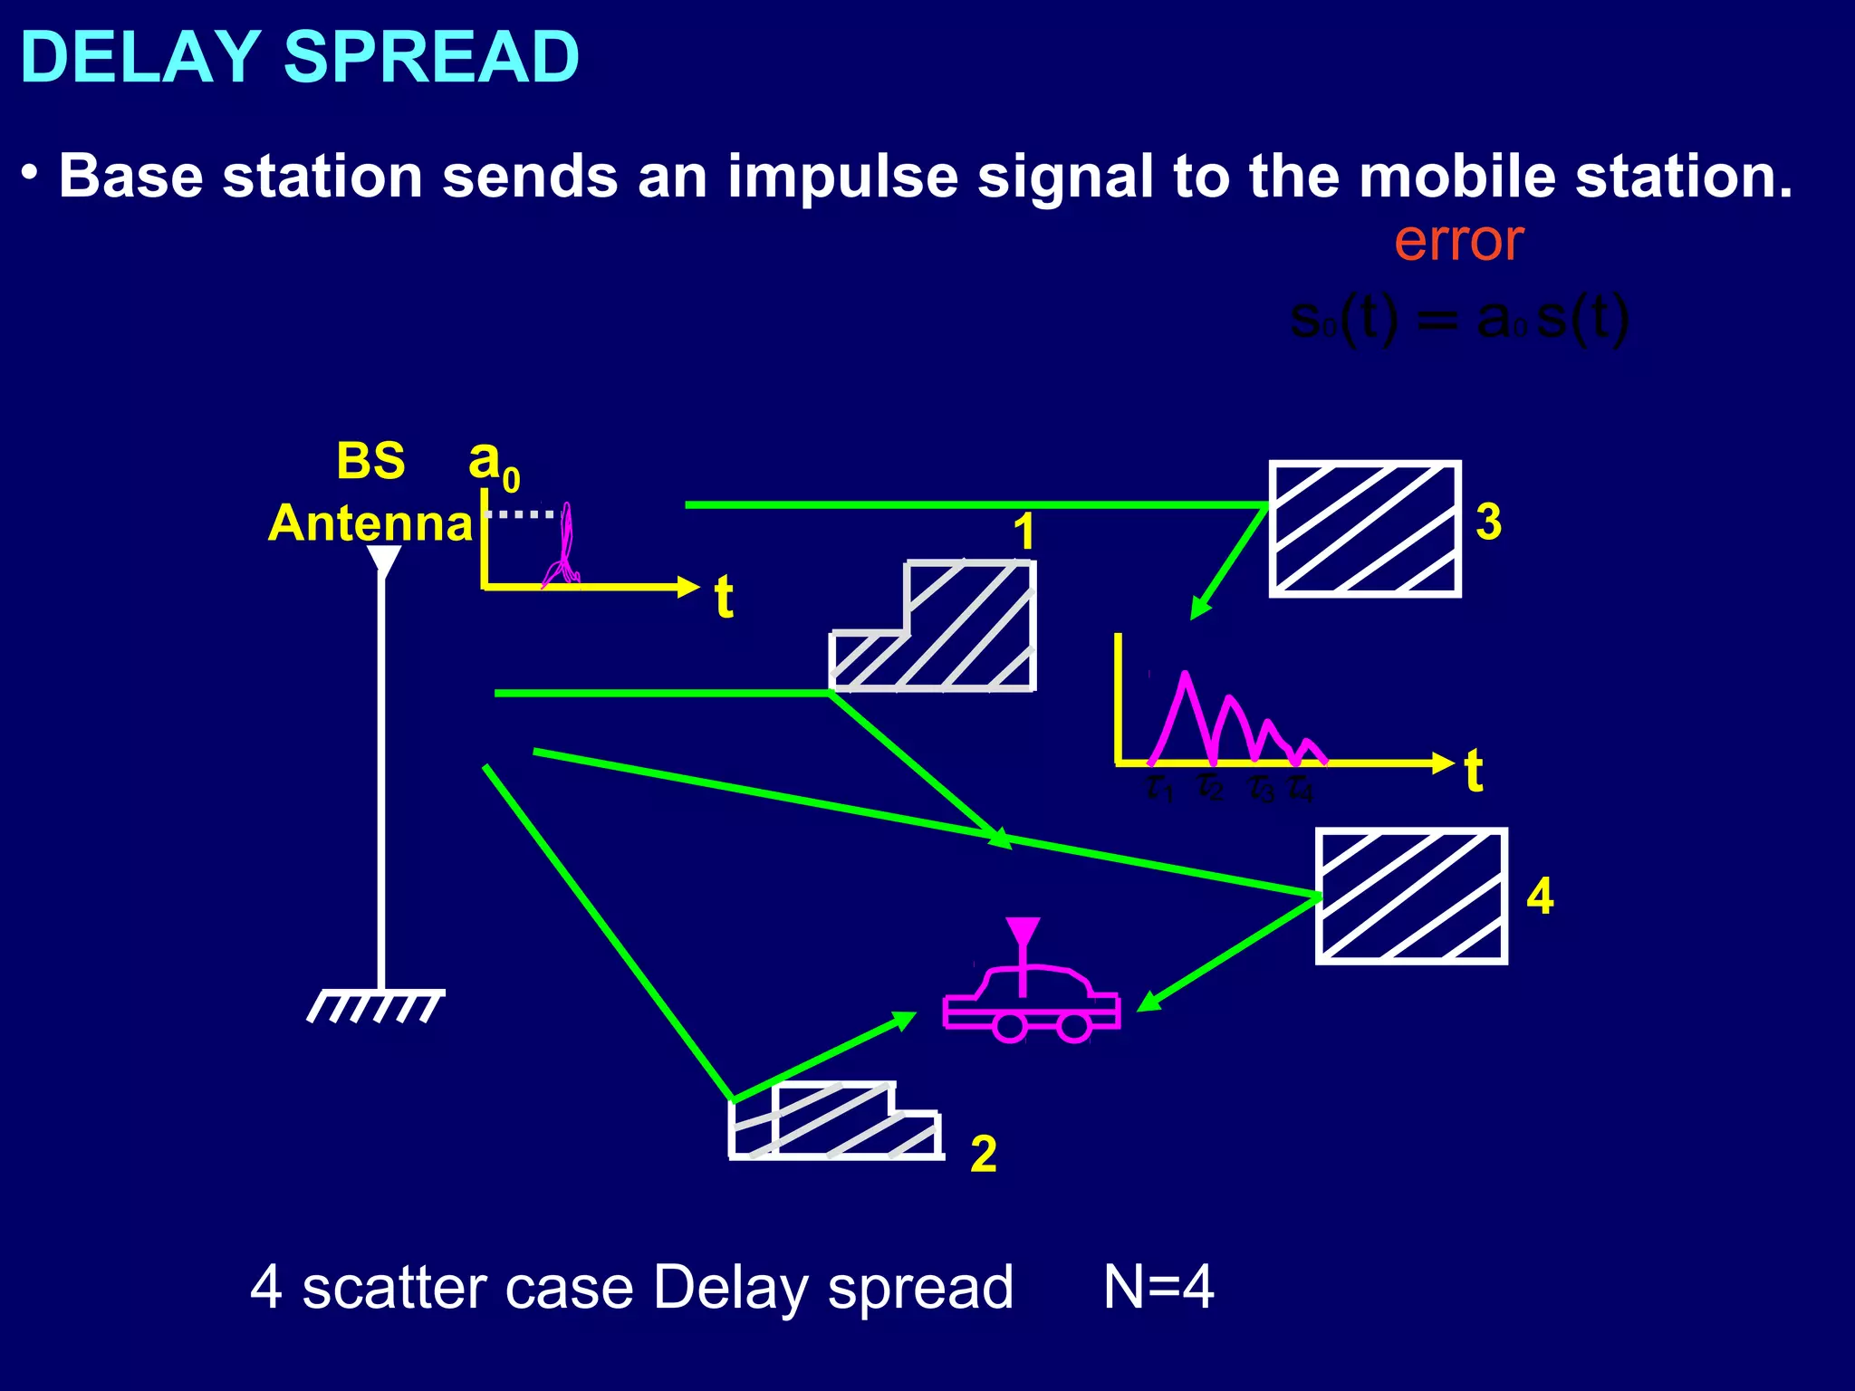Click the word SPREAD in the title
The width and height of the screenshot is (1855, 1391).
point(431,57)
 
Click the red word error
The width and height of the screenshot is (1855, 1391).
point(1458,241)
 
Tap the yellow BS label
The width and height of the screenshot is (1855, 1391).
point(370,461)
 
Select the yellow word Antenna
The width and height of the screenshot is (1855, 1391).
point(370,523)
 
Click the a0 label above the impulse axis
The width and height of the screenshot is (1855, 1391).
point(493,463)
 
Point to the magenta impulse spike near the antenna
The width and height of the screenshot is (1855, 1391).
point(566,548)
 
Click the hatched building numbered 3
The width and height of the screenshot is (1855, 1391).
point(1364,529)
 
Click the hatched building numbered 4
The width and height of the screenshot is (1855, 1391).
point(1410,896)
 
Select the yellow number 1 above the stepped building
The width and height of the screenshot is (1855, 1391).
point(1024,532)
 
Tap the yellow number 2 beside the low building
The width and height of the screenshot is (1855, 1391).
point(983,1155)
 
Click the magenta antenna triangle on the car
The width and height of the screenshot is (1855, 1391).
point(1023,932)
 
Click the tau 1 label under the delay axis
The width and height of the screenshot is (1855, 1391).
point(1158,788)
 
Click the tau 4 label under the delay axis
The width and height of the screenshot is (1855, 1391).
point(1300,790)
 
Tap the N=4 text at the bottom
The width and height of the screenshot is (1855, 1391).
point(1158,1287)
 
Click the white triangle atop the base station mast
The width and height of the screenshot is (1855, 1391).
point(384,560)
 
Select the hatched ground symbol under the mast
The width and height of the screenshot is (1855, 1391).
point(375,1005)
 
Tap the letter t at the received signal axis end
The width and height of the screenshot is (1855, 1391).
point(1474,771)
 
